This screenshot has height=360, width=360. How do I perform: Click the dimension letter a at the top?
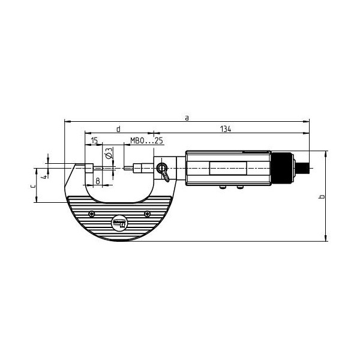[187, 118]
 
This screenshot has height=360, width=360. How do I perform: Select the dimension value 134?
[226, 129]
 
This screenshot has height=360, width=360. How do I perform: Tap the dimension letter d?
[118, 129]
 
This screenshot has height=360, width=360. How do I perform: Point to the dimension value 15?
[94, 140]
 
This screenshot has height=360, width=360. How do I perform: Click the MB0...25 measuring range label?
[146, 140]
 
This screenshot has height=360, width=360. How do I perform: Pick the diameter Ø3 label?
[109, 153]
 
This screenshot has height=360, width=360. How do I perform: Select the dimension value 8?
[98, 181]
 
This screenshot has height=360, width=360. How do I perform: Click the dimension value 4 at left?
[45, 176]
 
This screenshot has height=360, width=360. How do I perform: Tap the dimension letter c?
[33, 186]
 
